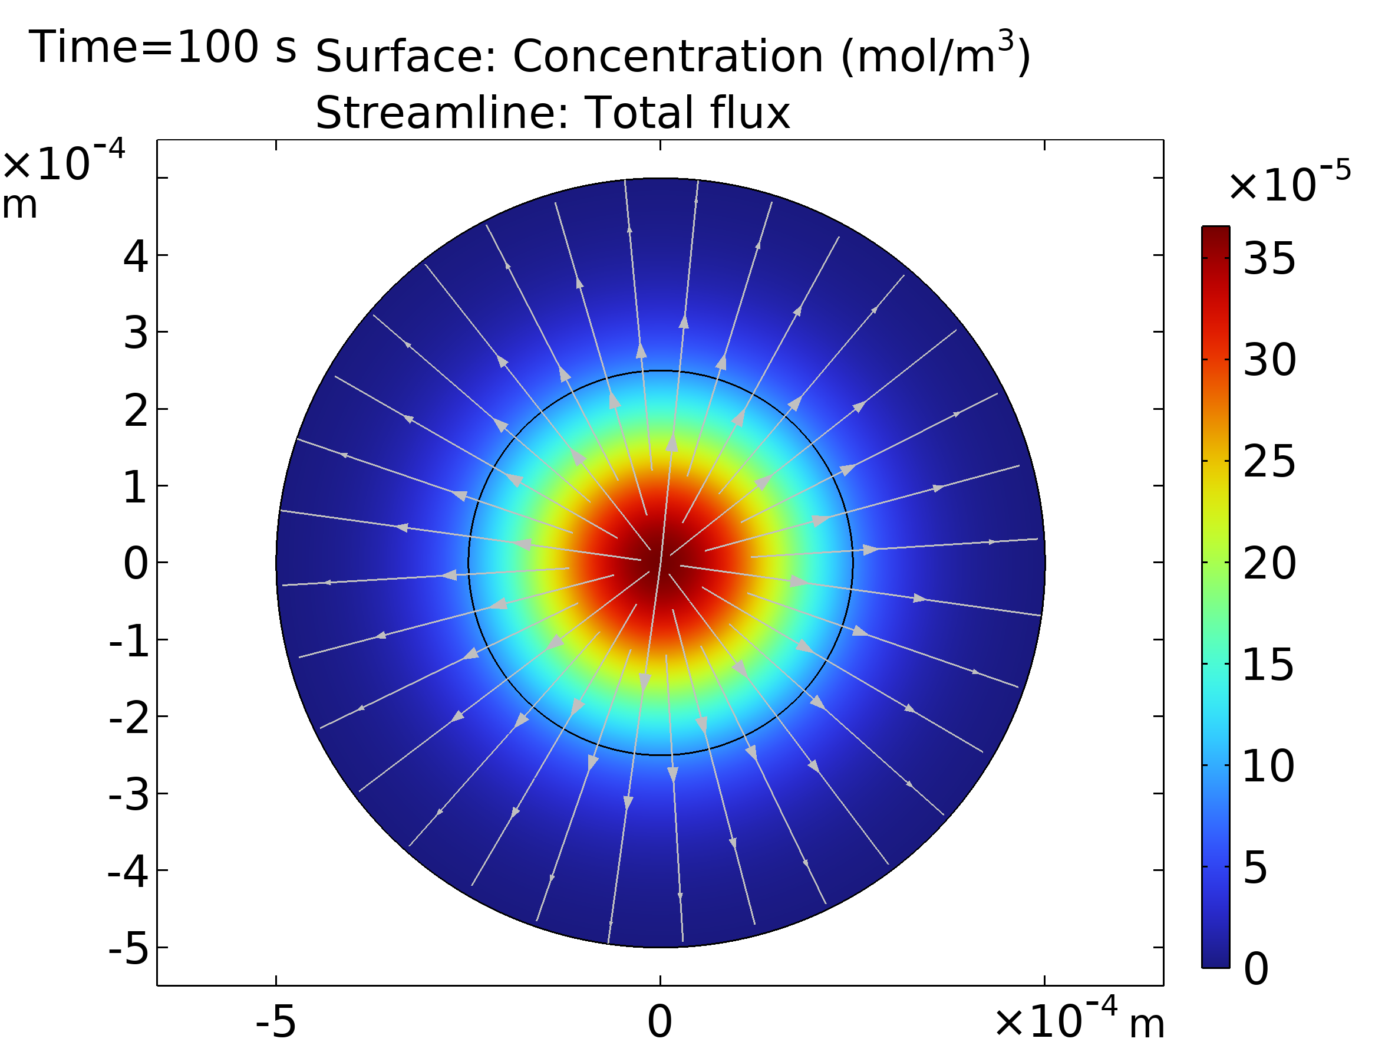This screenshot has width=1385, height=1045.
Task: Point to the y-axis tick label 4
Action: [136, 257]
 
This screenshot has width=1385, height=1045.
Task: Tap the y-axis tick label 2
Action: [136, 411]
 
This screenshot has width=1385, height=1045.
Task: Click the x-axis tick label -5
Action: [275, 1022]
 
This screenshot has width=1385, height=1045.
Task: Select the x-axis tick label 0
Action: [660, 1022]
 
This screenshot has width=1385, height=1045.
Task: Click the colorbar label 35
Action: [1269, 258]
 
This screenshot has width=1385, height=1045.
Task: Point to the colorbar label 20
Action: [1269, 563]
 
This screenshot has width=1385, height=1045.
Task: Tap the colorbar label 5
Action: [1255, 868]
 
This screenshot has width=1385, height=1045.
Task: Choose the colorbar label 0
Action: [1256, 968]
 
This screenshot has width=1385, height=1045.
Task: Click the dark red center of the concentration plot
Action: [661, 562]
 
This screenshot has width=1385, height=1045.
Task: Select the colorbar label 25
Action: [1269, 462]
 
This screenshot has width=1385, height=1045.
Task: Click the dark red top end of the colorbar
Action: [1215, 235]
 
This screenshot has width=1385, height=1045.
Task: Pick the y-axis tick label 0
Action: [136, 563]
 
